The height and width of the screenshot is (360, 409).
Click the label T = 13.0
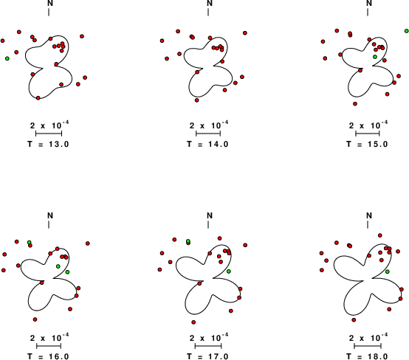pyautogui.click(x=48, y=144)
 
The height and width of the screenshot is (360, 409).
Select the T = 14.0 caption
pyautogui.click(x=207, y=144)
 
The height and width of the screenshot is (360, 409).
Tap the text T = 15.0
pyautogui.click(x=367, y=144)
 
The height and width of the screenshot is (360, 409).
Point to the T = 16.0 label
pyautogui.click(x=48, y=356)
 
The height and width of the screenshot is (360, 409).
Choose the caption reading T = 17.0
pyautogui.click(x=207, y=356)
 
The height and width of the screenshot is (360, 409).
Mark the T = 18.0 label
pyautogui.click(x=367, y=356)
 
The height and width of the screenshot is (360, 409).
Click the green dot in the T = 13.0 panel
pyautogui.click(x=7, y=58)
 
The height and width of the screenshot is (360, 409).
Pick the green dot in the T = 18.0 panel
pyautogui.click(x=388, y=271)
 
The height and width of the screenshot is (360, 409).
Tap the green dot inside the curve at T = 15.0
pyautogui.click(x=375, y=57)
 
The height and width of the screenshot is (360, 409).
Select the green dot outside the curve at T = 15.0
pyautogui.click(x=407, y=31)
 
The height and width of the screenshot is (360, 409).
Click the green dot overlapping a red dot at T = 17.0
pyautogui.click(x=188, y=241)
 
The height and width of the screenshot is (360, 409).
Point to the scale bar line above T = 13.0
pyautogui.click(x=49, y=134)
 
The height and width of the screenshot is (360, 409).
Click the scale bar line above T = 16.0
pyautogui.click(x=49, y=346)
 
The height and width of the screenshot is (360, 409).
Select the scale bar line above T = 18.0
pyautogui.click(x=368, y=346)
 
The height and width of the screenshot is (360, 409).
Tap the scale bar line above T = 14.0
pyautogui.click(x=208, y=134)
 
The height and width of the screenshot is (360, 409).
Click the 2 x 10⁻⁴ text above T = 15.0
pyautogui.click(x=368, y=125)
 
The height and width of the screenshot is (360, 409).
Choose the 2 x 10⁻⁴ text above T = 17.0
pyautogui.click(x=209, y=337)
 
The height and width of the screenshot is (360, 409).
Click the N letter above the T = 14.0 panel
pyautogui.click(x=210, y=3)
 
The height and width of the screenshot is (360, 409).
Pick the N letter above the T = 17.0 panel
pyautogui.click(x=210, y=215)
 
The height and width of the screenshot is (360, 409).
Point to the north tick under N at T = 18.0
pyautogui.click(x=368, y=225)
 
